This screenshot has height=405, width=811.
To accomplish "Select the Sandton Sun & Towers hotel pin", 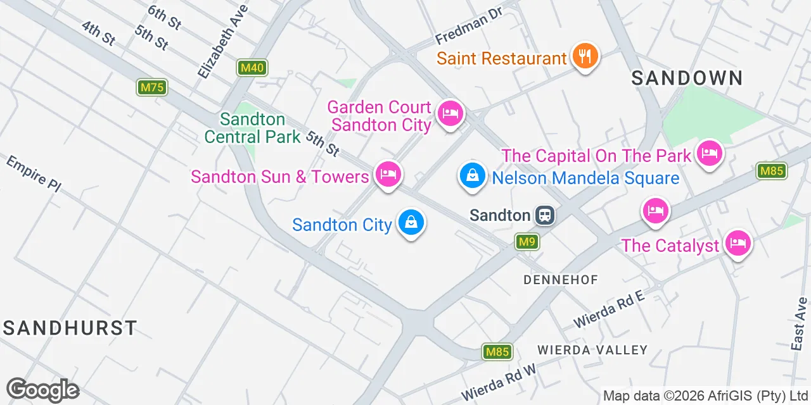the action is tap(388, 173).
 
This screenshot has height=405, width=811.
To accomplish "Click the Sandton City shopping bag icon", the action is tap(411, 223).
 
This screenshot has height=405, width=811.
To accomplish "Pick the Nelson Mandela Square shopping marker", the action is tap(472, 175).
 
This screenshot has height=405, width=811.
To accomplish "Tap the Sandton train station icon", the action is tap(544, 216).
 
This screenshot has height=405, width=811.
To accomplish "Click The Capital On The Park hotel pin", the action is tap(709, 153).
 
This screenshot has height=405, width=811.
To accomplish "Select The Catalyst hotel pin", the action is tap(738, 242).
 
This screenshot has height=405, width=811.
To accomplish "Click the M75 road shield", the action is tap(152, 87).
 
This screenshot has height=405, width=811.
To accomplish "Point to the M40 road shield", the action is tap(252, 68).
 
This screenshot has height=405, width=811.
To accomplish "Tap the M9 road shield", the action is tap(527, 242).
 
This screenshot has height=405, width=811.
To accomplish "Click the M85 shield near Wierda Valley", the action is tap(497, 352).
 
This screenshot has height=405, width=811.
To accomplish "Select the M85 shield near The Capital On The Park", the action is tap(771, 171).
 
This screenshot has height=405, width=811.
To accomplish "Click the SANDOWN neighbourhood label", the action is tap(687, 78).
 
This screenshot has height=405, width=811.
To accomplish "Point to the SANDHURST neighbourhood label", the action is tap(70, 328).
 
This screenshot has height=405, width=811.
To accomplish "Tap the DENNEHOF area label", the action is tap(561, 280).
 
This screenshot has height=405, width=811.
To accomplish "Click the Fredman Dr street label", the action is tap(468, 27).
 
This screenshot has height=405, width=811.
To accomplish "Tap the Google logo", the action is tap(42, 390).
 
